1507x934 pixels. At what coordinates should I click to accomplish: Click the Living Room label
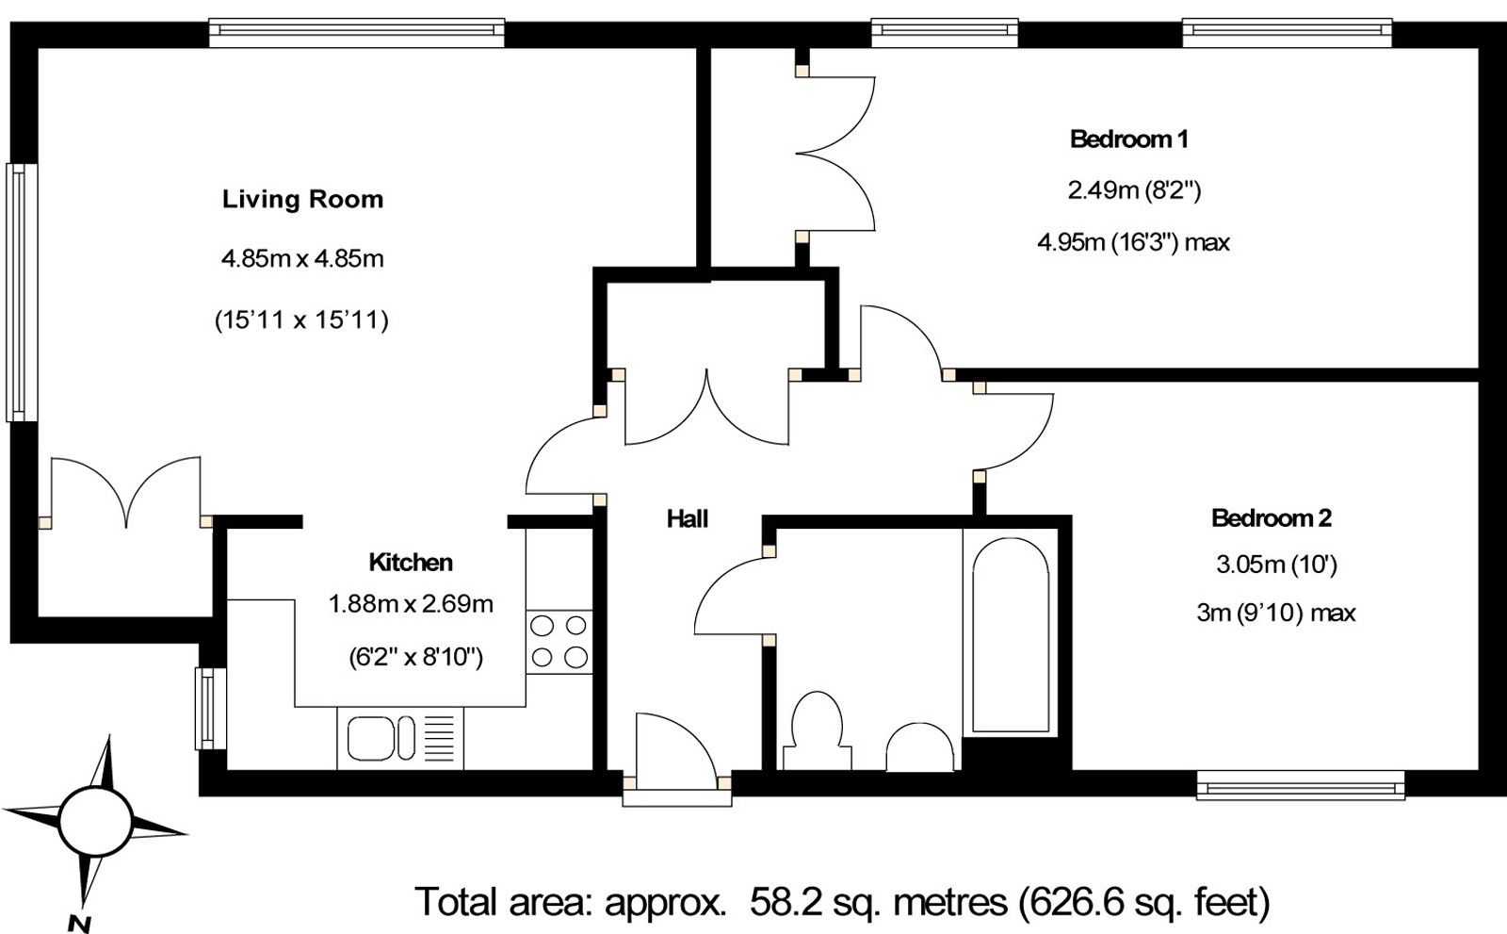pyautogui.click(x=302, y=199)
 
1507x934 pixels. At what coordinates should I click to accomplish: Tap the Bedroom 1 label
pyautogui.click(x=1128, y=139)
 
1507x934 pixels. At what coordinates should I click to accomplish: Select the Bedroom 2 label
pyautogui.click(x=1271, y=517)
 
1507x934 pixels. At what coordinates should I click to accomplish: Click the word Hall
pyautogui.click(x=687, y=518)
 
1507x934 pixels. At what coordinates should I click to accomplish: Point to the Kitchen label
pyautogui.click(x=411, y=563)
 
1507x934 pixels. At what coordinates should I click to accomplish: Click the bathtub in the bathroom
pyautogui.click(x=1010, y=636)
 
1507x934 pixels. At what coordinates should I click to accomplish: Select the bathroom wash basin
pyautogui.click(x=918, y=750)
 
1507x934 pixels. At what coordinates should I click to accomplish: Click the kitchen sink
pyautogui.click(x=381, y=737)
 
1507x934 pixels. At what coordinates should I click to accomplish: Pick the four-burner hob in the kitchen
pyautogui.click(x=559, y=641)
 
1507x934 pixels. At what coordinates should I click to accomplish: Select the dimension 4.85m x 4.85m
pyautogui.click(x=302, y=258)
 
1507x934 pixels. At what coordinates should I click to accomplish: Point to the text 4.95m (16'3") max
pyautogui.click(x=1133, y=242)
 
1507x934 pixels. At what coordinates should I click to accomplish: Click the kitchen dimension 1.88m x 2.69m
pyautogui.click(x=411, y=604)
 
